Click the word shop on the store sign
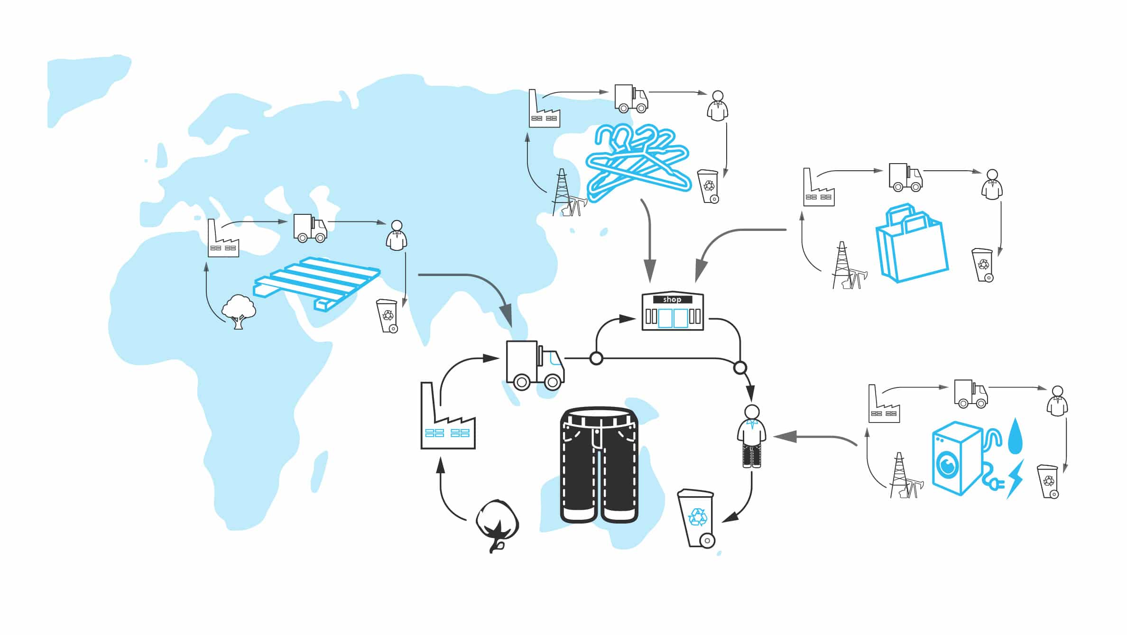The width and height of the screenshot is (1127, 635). pos(672,299)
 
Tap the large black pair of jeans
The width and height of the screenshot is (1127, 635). pos(599,465)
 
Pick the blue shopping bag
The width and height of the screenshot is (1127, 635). pos(911,243)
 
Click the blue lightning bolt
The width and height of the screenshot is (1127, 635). pos(1015,479)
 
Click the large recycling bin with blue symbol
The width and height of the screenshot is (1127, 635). pos(696,518)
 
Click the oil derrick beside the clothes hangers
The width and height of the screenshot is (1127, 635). pos(567,193)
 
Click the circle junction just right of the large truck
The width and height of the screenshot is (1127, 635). pos(596,358)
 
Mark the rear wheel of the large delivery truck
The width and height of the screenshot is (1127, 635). pos(522,382)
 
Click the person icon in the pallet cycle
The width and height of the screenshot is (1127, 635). pos(397,236)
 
